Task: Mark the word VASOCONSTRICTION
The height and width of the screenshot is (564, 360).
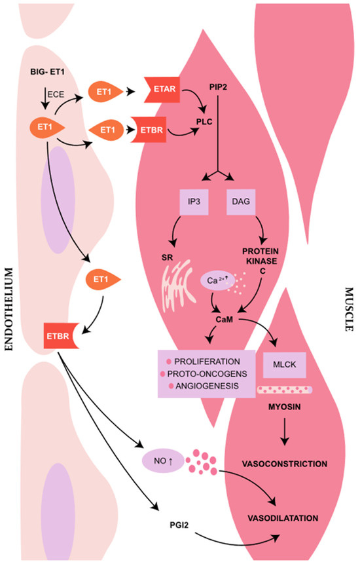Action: pyautogui.click(x=285, y=464)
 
